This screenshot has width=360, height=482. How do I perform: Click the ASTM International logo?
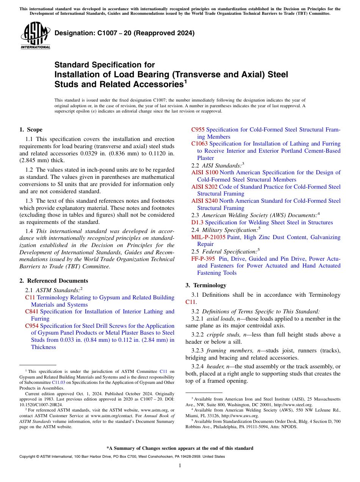(35, 35)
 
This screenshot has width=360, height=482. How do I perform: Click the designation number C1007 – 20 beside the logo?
(125, 33)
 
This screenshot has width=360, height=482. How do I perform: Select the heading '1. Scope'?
(31, 130)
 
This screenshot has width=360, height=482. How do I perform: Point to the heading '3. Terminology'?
(206, 285)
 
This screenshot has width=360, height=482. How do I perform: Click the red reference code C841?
(32, 311)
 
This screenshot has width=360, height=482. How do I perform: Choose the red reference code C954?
(32, 326)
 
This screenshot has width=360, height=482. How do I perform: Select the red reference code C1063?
(199, 144)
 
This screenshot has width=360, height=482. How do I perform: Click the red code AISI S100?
(205, 172)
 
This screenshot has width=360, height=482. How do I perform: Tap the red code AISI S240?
(205, 201)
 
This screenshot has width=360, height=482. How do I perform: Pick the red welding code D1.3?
(197, 222)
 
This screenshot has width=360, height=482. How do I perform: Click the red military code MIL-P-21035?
(208, 237)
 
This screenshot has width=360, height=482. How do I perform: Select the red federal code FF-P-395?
(203, 259)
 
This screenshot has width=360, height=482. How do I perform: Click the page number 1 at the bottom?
(180, 466)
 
